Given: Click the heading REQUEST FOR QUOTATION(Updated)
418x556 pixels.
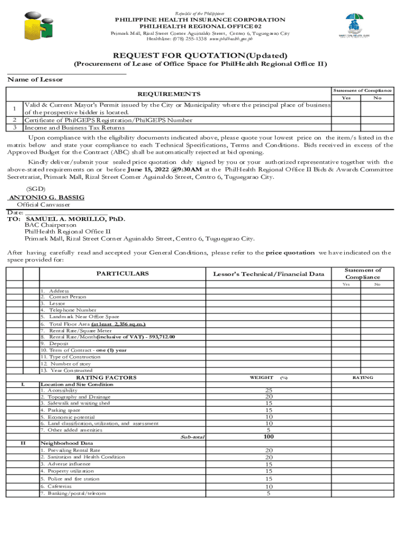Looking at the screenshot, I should [200, 55].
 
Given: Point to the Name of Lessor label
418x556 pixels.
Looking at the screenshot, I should [35, 79].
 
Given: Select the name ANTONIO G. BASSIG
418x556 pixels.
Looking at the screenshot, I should [47, 197].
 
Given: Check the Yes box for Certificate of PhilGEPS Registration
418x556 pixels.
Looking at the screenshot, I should [346, 120].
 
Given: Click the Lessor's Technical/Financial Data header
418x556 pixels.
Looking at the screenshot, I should [269, 274].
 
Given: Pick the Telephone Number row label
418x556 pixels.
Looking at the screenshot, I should [69, 310].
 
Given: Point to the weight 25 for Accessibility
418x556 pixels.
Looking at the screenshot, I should [268, 390].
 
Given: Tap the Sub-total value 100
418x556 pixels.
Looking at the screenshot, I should [268, 437].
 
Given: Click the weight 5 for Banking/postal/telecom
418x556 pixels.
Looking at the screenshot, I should [268, 493].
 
